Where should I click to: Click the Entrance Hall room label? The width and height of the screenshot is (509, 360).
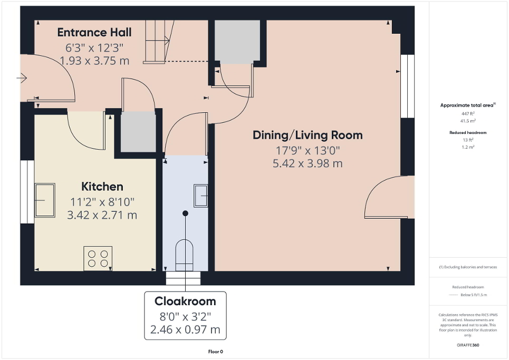click(94, 32)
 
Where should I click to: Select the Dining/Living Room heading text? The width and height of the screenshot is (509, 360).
click(308, 135)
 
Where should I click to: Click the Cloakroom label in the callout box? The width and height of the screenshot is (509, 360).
click(185, 301)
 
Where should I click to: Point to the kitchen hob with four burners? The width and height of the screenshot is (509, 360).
click(98, 258)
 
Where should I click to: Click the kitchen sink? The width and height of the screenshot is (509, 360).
click(45, 200)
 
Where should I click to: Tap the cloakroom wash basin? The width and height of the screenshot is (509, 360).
click(200, 196)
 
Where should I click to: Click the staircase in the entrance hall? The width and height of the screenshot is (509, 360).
click(158, 41)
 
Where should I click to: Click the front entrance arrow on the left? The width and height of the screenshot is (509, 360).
click(22, 79)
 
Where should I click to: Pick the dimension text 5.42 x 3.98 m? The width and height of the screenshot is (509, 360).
click(308, 163)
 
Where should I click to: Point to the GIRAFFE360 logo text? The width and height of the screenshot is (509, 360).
click(468, 345)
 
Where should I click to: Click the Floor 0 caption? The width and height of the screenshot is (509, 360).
click(216, 351)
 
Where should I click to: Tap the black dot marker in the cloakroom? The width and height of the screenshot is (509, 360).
click(185, 213)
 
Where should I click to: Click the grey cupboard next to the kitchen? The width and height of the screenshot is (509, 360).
click(138, 132)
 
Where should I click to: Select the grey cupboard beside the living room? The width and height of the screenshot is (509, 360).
click(237, 42)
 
